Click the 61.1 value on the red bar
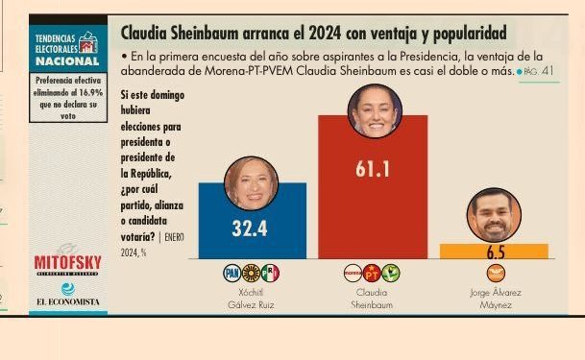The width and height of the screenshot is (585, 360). pos(372,169)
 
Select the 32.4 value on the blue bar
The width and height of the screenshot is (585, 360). pos(250,229)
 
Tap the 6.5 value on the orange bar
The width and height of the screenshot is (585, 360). pos(495,253)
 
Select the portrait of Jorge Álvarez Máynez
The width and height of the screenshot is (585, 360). pos(495,215)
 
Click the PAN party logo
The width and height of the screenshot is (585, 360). pos(232,273)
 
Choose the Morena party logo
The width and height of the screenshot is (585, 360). pos(353,273)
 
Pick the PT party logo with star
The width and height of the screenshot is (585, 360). pos(372,273)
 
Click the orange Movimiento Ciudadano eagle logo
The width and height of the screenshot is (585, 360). pos(495,273)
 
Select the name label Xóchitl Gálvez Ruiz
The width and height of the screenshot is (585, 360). pos(251,298)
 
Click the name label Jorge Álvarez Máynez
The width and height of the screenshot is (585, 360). pos(495,298)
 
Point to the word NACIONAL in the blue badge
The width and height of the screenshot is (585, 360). pos(61,60)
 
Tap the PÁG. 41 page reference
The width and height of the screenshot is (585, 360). pos(539,72)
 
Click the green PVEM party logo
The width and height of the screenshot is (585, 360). pos(391,273)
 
